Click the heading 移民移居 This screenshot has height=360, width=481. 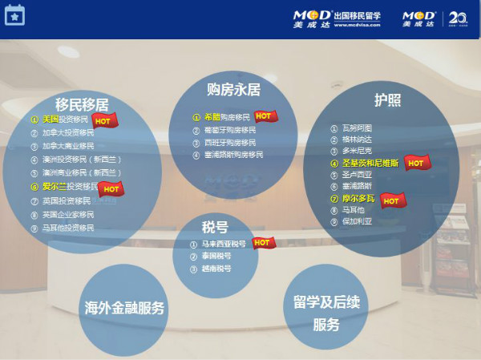(x=83, y=103)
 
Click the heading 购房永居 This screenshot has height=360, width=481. (x=233, y=88)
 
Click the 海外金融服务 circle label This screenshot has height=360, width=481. (x=124, y=308)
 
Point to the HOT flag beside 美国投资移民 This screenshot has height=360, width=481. (x=106, y=120)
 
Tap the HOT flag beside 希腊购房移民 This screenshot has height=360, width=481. (x=266, y=117)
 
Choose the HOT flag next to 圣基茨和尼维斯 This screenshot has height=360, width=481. (x=417, y=163)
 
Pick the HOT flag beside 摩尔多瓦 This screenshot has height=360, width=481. (x=392, y=200)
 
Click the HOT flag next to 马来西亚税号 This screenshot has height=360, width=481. (x=263, y=242)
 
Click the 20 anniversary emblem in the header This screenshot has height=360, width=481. (x=458, y=18)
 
